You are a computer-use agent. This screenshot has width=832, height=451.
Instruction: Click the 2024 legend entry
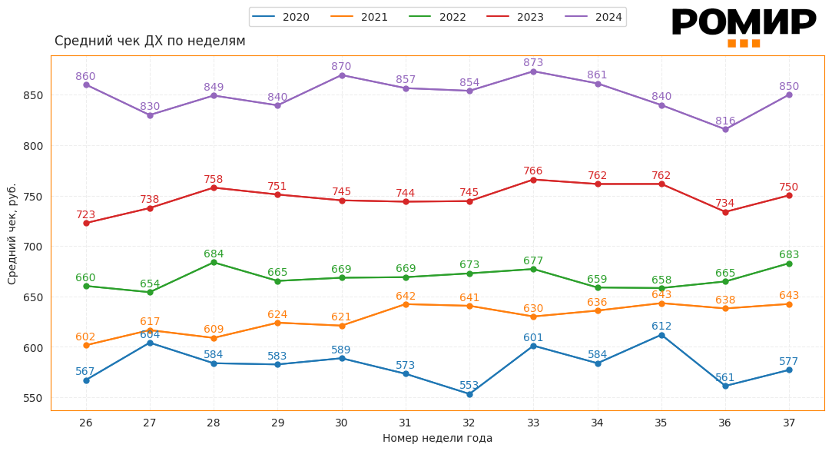593,17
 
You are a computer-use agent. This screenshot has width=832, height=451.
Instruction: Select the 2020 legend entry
280,17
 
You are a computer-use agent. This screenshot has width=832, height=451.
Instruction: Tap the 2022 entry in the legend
437,17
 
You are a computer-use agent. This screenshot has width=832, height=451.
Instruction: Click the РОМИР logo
743,25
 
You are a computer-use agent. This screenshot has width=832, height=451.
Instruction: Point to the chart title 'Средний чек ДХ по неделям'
150,41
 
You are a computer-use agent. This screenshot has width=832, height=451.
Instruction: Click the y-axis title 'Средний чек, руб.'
12,234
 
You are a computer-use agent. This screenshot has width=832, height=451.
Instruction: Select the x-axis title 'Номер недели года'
437,438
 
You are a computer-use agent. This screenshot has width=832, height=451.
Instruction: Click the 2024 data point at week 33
533,71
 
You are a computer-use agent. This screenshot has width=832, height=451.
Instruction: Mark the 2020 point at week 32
469,394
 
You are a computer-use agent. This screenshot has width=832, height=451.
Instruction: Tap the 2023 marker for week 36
725,212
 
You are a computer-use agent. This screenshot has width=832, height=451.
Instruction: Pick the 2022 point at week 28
214,263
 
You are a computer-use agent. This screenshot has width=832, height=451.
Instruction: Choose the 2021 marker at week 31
406,304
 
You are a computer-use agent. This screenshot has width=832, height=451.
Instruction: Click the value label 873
533,62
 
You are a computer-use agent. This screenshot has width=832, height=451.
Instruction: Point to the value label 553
469,385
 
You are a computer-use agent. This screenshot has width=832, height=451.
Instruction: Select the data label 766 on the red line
533,171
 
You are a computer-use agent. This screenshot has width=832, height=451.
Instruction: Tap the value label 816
725,121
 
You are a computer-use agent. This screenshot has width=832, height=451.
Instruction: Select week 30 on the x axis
341,423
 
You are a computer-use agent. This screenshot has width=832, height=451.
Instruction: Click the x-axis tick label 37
789,423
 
